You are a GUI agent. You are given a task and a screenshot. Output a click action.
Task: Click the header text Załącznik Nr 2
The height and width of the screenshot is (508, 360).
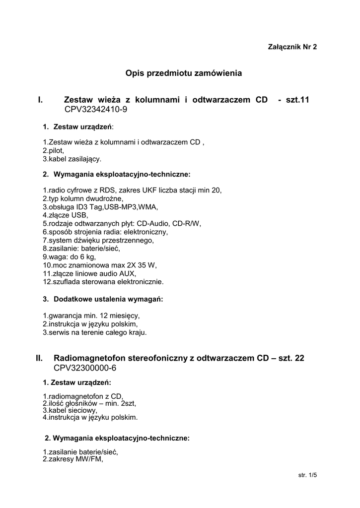(292, 47)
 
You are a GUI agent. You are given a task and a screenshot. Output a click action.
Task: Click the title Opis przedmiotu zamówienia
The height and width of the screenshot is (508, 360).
(184, 73)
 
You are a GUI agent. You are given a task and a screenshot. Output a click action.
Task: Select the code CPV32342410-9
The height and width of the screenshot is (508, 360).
(96, 109)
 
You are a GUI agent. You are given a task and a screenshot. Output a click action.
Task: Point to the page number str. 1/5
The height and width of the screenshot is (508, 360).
(307, 475)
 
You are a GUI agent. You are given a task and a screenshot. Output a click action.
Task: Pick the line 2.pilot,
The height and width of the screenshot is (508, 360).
(54, 150)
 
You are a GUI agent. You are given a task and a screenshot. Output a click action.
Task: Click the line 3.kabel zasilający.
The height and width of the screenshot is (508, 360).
(72, 159)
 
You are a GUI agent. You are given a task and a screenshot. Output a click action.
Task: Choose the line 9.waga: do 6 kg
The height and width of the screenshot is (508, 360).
(69, 257)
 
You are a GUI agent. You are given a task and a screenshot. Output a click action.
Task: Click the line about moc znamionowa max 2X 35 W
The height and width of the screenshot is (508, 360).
(99, 265)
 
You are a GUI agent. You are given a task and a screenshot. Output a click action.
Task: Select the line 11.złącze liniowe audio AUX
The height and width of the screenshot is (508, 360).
(89, 273)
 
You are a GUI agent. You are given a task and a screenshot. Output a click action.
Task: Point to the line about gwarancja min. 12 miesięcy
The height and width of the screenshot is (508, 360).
(91, 316)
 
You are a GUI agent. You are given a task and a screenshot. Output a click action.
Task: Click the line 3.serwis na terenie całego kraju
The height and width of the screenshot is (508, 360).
(94, 332)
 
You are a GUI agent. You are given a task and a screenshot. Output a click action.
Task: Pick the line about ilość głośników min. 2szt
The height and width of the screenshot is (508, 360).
(89, 403)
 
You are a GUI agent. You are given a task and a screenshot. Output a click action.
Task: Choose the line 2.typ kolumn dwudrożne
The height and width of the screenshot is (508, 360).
(82, 198)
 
